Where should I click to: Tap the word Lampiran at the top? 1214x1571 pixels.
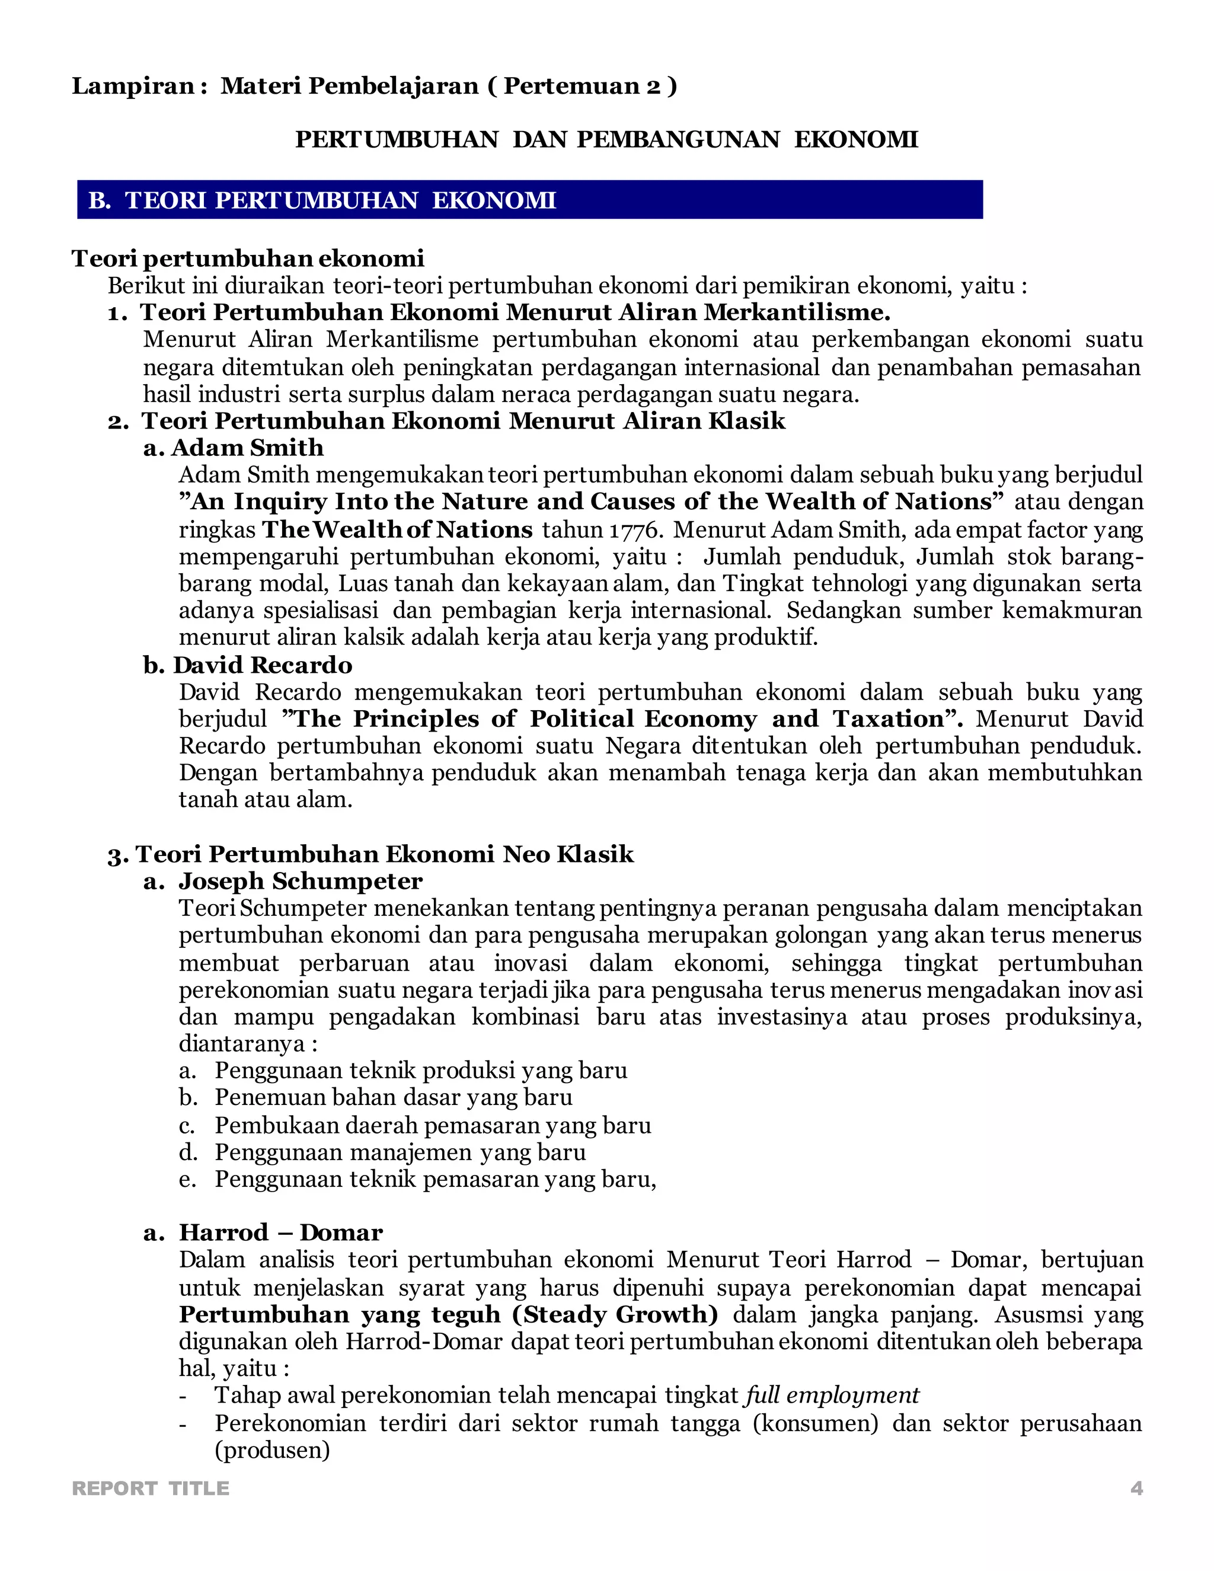click(133, 87)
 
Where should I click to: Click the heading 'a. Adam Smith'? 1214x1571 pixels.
click(234, 448)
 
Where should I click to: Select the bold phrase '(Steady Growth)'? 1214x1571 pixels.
click(615, 1314)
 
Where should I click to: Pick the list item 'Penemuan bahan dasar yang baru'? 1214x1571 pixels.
click(394, 1098)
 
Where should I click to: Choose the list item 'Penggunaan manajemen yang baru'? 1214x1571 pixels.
click(400, 1152)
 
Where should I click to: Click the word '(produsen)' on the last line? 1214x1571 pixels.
click(272, 1450)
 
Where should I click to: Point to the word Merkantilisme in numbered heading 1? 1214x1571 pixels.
click(796, 313)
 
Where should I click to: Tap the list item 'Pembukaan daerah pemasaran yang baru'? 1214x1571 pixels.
click(433, 1125)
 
